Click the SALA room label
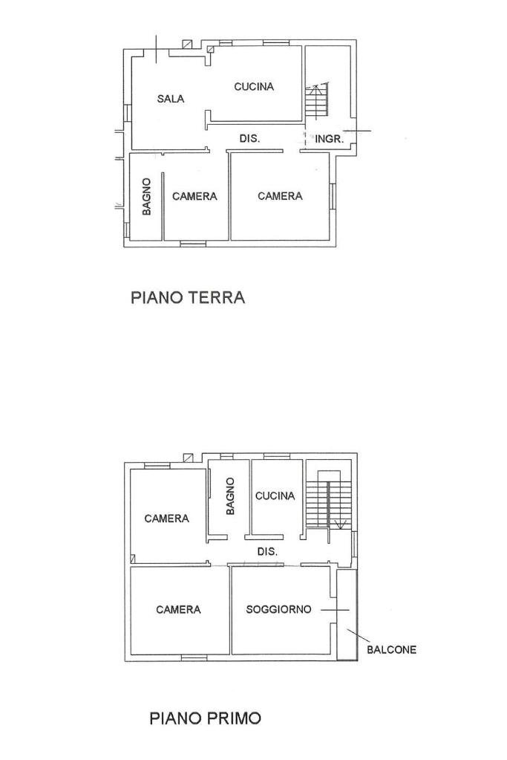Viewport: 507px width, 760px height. [x=170, y=99]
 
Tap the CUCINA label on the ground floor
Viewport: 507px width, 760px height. [x=254, y=87]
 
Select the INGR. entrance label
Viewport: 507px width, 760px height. [x=329, y=139]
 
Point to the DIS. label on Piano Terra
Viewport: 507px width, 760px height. [x=249, y=139]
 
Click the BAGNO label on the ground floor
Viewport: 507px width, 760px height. [x=147, y=196]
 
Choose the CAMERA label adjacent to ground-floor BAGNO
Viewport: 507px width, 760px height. [x=194, y=196]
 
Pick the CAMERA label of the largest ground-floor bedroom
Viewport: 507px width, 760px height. [x=280, y=196]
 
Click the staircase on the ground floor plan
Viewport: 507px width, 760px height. [x=316, y=101]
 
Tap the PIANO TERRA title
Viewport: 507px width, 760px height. [x=188, y=298]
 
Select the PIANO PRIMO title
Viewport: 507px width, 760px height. [x=205, y=718]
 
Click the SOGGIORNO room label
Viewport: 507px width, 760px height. [x=278, y=609]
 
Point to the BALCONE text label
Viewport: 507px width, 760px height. [x=391, y=649]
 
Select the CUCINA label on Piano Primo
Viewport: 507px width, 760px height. [x=275, y=496]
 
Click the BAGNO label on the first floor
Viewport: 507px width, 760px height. [x=230, y=496]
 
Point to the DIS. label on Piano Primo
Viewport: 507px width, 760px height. [x=267, y=552]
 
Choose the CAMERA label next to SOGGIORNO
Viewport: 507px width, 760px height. [x=178, y=609]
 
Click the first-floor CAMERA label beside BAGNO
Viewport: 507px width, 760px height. [x=166, y=519]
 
